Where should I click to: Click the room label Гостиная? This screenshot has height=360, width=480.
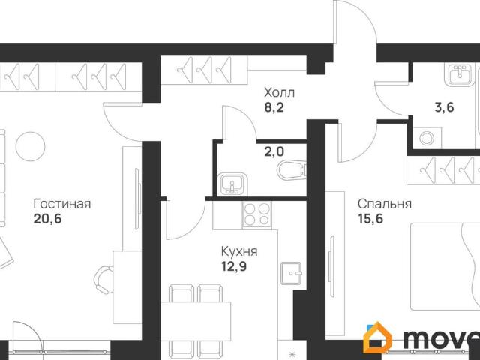point(62,204)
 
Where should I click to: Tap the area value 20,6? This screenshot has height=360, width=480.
point(48,219)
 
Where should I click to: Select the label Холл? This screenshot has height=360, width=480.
point(280,92)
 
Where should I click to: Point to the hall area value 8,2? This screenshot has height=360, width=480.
point(274,107)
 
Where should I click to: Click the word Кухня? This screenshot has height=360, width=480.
point(239,252)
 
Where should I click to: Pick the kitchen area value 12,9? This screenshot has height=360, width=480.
point(234,266)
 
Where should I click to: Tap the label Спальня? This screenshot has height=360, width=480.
point(385,204)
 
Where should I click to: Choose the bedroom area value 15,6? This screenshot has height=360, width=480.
point(370,219)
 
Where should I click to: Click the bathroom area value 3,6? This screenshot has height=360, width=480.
point(444,107)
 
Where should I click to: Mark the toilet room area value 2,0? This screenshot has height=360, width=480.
point(274,151)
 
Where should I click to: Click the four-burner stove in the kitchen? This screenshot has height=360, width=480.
point(257,215)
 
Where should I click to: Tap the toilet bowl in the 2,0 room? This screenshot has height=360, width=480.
point(292,170)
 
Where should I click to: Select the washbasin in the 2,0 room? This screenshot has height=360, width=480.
point(232,184)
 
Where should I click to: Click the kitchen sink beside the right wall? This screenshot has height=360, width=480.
point(292,273)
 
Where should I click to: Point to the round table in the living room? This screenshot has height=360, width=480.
point(30,146)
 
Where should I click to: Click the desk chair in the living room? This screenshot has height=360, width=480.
point(103,280)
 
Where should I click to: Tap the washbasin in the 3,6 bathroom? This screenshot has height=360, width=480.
point(459,74)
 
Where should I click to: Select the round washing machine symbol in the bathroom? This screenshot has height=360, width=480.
point(427,139)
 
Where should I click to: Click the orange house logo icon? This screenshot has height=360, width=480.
point(377,337)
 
